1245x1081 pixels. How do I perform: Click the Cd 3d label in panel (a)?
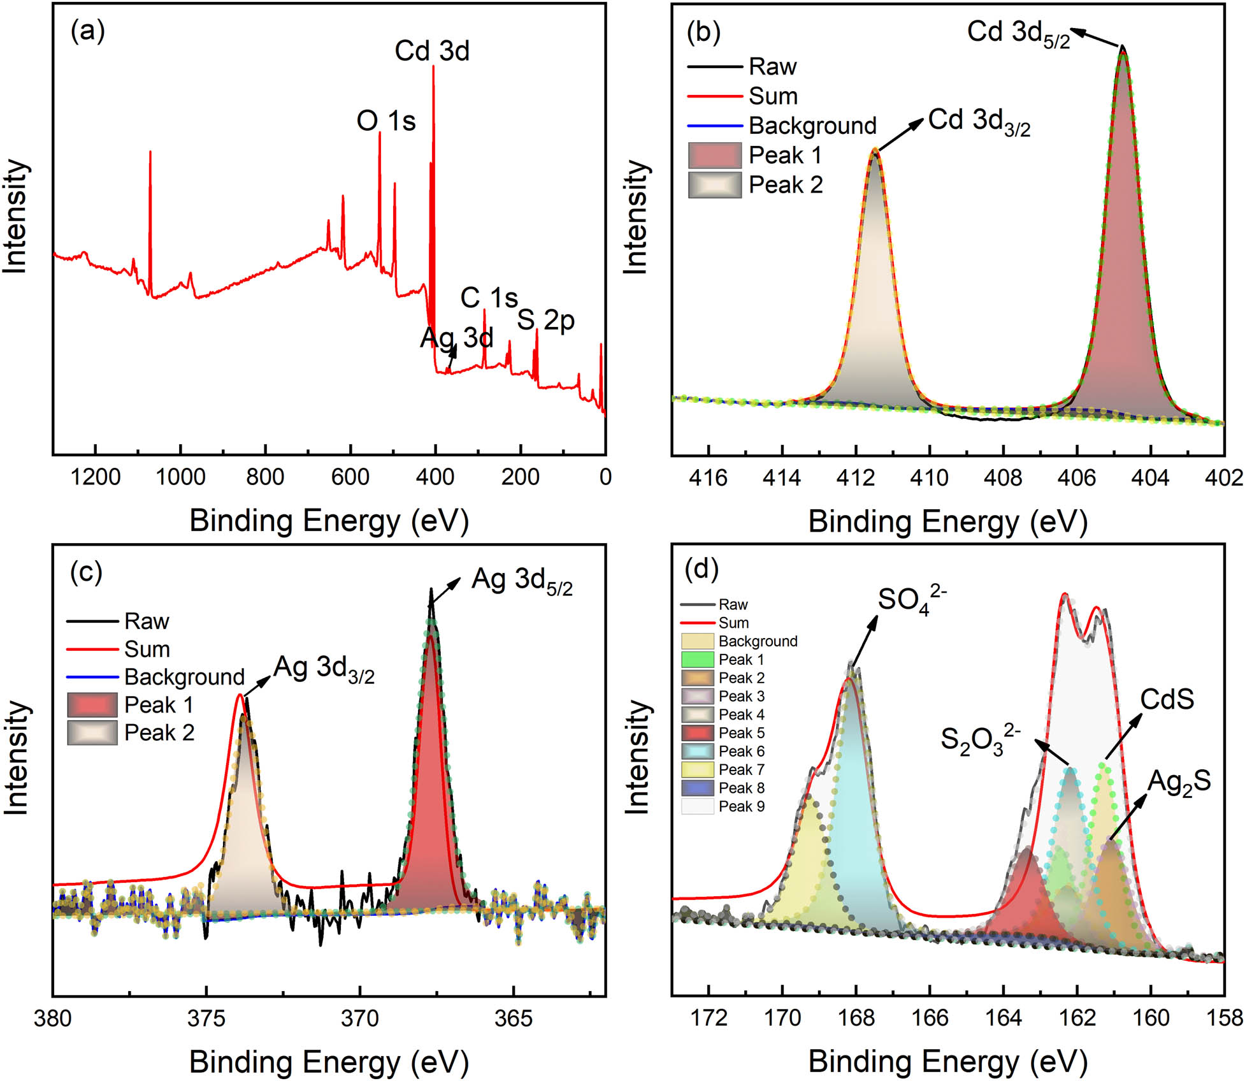tap(431, 51)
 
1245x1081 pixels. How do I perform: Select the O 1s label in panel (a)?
tap(385, 120)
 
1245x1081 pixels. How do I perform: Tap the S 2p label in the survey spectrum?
tap(545, 320)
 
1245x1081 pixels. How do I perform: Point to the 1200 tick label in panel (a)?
tap(96, 477)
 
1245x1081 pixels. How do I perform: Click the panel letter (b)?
tap(703, 32)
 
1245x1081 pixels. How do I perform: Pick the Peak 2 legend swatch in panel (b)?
tap(715, 185)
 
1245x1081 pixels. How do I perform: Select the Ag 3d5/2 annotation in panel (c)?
tap(521, 581)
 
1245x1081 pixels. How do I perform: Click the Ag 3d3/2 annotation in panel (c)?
tap(324, 669)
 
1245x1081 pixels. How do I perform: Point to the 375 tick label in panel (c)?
tap(206, 1019)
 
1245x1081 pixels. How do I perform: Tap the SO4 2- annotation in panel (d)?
tap(911, 600)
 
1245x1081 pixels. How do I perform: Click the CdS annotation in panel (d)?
tap(1167, 700)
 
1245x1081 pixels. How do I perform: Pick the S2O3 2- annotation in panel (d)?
tap(980, 739)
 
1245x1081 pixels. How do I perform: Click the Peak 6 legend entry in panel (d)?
tap(741, 751)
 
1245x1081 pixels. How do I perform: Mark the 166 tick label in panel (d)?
tap(929, 1019)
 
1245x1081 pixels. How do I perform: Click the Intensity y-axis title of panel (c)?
tap(16, 758)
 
